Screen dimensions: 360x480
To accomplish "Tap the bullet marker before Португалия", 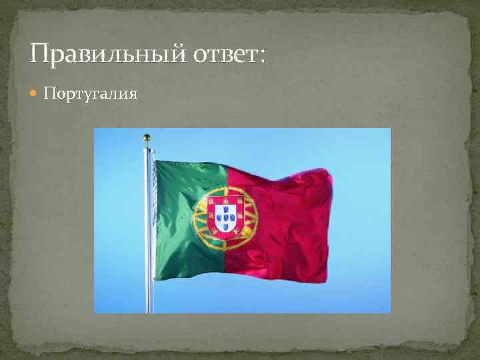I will click(35, 94).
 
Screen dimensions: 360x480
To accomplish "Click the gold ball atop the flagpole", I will click(147, 138).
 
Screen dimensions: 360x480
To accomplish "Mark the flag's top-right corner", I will click(328, 171).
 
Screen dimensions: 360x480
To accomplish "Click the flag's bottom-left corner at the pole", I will click(155, 277).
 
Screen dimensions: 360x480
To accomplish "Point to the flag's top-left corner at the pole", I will click(155, 161).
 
